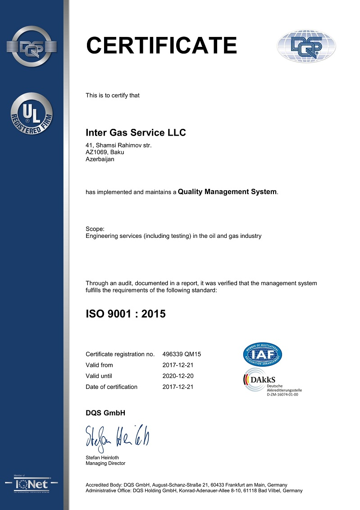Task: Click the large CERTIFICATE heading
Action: click(x=161, y=46)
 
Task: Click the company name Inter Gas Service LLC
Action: click(x=136, y=133)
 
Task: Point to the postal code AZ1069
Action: click(x=96, y=152)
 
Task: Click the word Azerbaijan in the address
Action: click(x=100, y=159)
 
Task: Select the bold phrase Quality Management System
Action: click(x=227, y=192)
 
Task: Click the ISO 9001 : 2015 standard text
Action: click(x=126, y=314)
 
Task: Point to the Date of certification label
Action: click(x=111, y=387)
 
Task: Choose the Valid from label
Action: click(x=99, y=365)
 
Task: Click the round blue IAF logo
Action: click(x=262, y=355)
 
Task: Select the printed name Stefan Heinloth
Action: click(x=104, y=457)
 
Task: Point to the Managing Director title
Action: click(x=105, y=463)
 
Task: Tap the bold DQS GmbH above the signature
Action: click(x=105, y=413)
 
